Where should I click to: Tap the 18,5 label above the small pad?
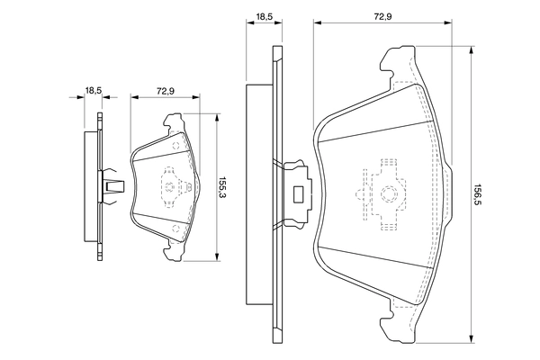pos(92,89)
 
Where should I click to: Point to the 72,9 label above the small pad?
pos(164,89)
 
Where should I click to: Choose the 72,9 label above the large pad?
pos(382,16)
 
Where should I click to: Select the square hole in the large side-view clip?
pos(297,192)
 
